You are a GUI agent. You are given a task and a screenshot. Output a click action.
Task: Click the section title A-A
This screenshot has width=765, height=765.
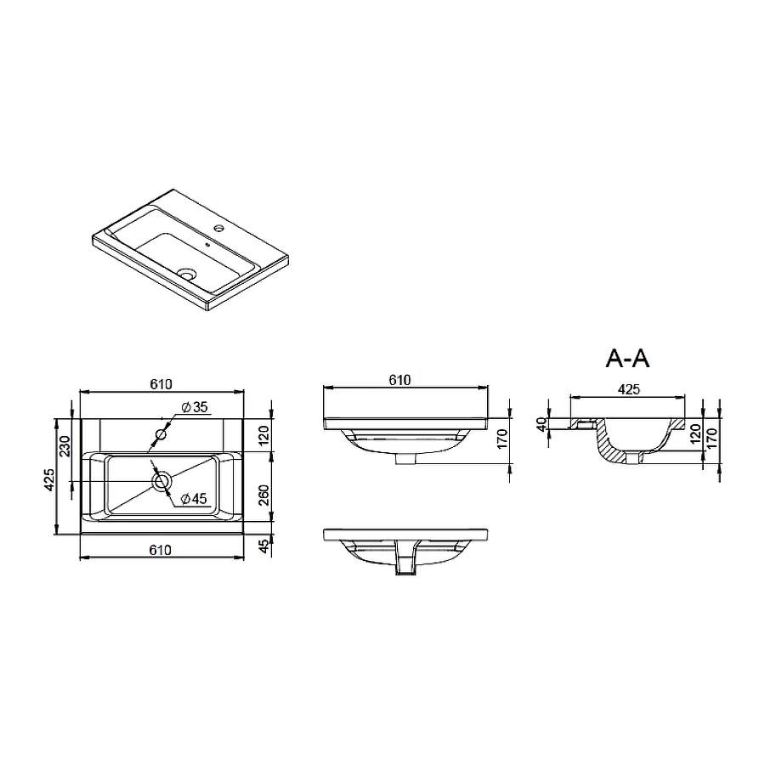point(627,359)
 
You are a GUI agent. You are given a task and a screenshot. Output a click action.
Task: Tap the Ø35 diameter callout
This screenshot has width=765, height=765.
point(195,407)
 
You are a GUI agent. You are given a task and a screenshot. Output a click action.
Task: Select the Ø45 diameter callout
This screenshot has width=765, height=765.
point(194,499)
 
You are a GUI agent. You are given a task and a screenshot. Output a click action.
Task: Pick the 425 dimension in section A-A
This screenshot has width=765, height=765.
point(628,389)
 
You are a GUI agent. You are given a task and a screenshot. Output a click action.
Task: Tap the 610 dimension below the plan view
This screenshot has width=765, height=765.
point(161,550)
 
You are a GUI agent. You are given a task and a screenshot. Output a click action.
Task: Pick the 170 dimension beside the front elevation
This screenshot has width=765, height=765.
point(503,439)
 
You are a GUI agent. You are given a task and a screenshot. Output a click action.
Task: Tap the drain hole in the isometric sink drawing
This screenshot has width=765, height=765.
point(188,275)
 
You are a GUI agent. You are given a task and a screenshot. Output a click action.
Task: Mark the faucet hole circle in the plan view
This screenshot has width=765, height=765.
point(160,435)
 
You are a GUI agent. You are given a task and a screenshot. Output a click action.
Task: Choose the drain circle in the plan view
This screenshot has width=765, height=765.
point(161,482)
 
